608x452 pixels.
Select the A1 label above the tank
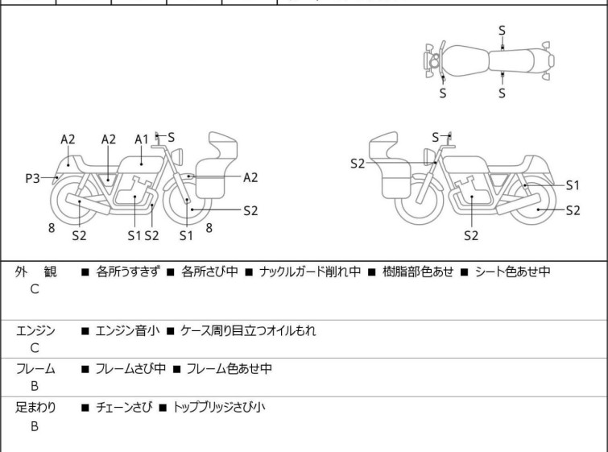(142, 139)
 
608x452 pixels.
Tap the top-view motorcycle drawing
(488, 60)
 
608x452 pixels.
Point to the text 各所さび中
(209, 272)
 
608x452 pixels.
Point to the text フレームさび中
(126, 369)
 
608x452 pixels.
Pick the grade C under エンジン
(35, 348)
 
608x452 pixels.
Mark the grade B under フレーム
(35, 387)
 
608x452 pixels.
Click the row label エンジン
(35, 330)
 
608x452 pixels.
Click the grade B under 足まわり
(35, 426)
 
